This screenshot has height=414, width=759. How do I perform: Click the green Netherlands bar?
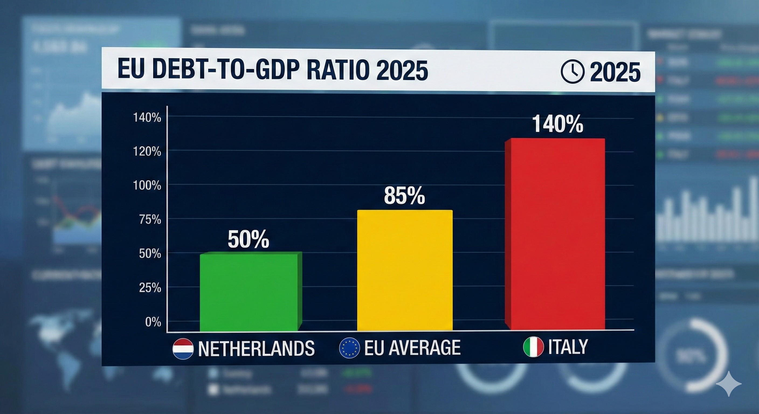(x=249, y=292)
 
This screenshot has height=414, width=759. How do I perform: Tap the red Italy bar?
(x=556, y=234)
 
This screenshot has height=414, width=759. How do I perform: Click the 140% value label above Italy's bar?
(x=557, y=124)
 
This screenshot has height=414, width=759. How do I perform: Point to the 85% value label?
(x=404, y=195)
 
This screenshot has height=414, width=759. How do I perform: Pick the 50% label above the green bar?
(x=249, y=239)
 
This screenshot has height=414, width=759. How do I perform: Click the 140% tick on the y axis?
(x=147, y=118)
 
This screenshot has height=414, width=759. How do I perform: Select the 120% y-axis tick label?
(x=147, y=152)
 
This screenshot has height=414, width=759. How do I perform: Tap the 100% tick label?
(x=147, y=186)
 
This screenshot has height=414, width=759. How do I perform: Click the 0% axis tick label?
(x=153, y=322)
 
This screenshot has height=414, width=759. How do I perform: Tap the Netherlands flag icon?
(x=183, y=349)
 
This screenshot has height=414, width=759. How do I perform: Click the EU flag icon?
(x=349, y=348)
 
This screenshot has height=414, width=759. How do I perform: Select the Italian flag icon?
(x=533, y=347)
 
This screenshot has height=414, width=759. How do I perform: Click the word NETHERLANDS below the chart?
(x=256, y=349)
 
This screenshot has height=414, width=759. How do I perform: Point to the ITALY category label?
(x=568, y=347)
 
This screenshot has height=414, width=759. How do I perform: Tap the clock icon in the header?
(x=572, y=72)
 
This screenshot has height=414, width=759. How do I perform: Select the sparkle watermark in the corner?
(x=729, y=383)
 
